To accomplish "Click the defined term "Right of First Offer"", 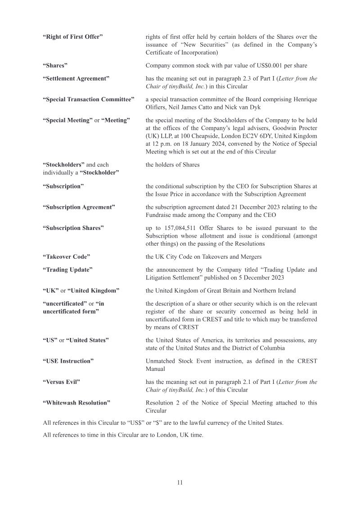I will pyautogui.click(x=72, y=36).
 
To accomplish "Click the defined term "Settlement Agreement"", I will pyautogui.click(x=76, y=79).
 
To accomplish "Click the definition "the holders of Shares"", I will pyautogui.click(x=172, y=165).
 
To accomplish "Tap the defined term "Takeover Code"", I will pyautogui.click(x=66, y=257).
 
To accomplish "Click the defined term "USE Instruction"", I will pyautogui.click(x=68, y=361).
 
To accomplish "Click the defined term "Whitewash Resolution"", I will pyautogui.click(x=76, y=403).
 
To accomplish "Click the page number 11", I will pyautogui.click(x=180, y=482).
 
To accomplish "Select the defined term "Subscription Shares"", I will pyautogui.click(x=73, y=228).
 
